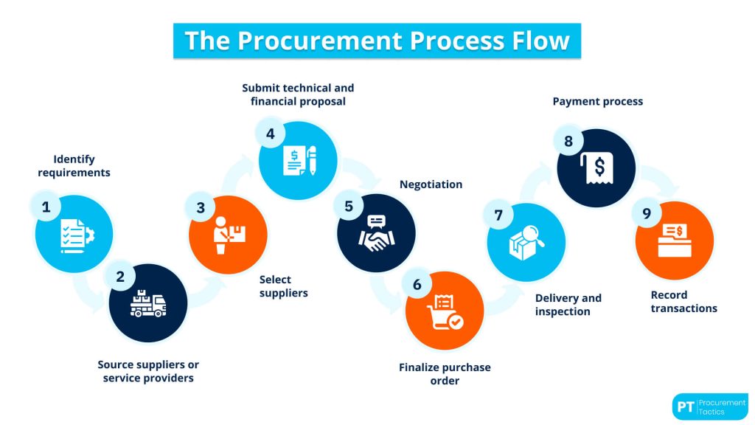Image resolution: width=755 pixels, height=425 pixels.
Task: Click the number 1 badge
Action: point(46,207)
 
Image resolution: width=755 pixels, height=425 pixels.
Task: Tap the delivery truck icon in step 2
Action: point(148,303)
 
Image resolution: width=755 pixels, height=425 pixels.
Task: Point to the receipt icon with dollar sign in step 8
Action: point(596,168)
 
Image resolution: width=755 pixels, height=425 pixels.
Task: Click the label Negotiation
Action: point(431,184)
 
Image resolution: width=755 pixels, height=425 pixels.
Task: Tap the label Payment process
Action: point(598,101)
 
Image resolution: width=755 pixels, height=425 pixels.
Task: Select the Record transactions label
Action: point(683,302)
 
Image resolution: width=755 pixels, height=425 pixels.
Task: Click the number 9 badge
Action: point(647,214)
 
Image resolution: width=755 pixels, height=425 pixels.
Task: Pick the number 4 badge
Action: point(270,134)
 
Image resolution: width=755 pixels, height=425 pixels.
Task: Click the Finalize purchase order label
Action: point(445,374)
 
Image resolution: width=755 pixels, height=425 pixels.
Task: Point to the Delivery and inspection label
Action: point(568,305)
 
